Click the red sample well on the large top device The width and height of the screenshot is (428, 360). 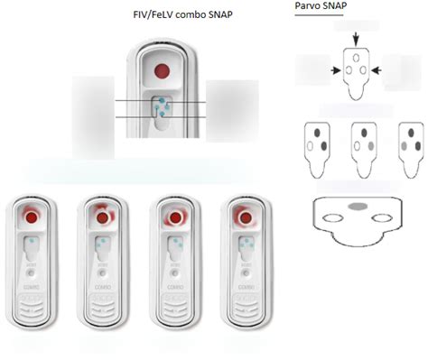[x=163, y=70]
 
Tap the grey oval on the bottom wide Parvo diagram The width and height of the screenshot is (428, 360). [x=356, y=206]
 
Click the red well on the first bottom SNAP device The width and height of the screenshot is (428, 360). [x=32, y=217]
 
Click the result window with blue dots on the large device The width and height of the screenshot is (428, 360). [x=163, y=108]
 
